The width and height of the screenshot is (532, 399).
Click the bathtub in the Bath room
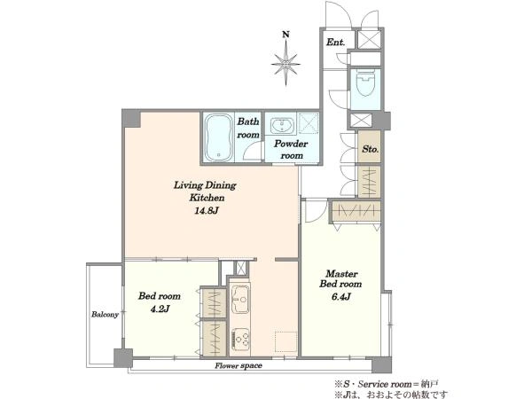219,137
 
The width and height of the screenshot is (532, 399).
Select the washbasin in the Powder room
283,126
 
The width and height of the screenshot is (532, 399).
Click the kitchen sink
240,299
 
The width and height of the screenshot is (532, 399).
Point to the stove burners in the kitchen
240,340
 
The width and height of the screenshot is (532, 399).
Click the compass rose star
286,64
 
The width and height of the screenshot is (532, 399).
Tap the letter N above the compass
286,35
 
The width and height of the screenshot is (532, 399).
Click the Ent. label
335,42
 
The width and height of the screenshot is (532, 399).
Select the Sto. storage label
370,149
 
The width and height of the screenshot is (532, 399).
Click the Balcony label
106,315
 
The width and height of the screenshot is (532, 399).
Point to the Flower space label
239,365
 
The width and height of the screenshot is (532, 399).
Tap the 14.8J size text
207,211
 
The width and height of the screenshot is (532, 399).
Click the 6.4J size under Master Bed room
340,297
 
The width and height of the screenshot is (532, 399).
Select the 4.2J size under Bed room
159,309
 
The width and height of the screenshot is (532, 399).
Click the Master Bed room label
340,278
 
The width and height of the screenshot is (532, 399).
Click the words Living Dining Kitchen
205,191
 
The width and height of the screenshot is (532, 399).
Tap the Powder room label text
291,149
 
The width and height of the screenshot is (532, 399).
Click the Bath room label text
248,128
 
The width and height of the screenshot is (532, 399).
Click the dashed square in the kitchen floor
286,341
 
